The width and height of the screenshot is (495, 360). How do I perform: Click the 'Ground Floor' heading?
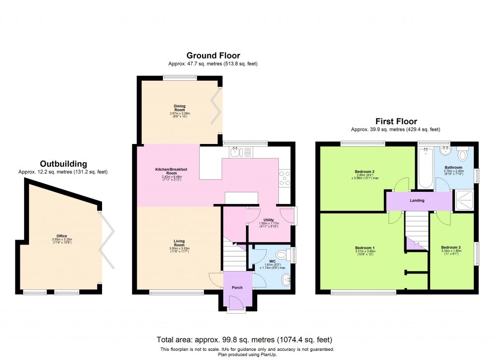pyautogui.click(x=213, y=56)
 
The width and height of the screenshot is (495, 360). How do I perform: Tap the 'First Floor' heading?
pyautogui.click(x=396, y=121)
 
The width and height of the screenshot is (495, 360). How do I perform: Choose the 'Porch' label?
pyautogui.click(x=237, y=288)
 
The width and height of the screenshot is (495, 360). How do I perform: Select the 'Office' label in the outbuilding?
pyautogui.click(x=62, y=236)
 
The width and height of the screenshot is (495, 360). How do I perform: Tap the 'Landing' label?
pyautogui.click(x=417, y=201)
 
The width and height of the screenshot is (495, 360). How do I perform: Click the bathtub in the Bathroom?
pyautogui.click(x=425, y=168)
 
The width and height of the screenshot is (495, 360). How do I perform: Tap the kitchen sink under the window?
pyautogui.click(x=236, y=153)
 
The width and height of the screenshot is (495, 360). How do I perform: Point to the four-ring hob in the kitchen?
pyautogui.click(x=284, y=179)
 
